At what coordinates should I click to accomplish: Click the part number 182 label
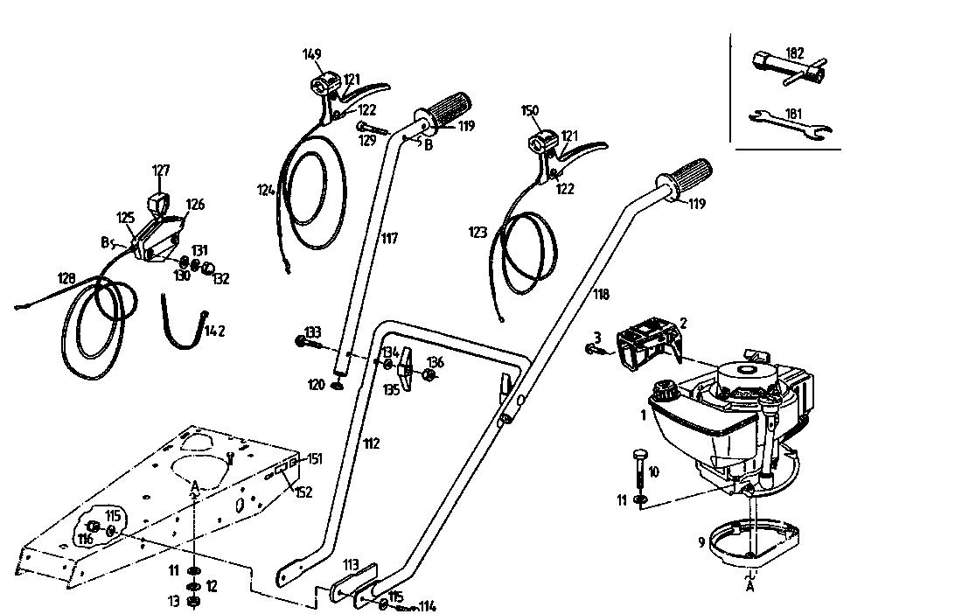pyautogui.click(x=794, y=52)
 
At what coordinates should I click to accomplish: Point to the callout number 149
pyautogui.click(x=312, y=54)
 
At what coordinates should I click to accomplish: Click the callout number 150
pyautogui.click(x=530, y=111)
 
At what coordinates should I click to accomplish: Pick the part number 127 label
pyautogui.click(x=161, y=171)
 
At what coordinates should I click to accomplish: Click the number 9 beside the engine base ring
pyautogui.click(x=701, y=542)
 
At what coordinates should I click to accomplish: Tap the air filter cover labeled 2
pyautogui.click(x=649, y=345)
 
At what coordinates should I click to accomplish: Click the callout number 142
pyautogui.click(x=215, y=331)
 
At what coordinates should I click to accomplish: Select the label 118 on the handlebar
pyautogui.click(x=601, y=294)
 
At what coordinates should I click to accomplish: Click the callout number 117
pyautogui.click(x=389, y=238)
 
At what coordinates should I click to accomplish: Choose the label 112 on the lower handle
pyautogui.click(x=372, y=443)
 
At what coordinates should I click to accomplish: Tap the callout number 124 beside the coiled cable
pyautogui.click(x=266, y=190)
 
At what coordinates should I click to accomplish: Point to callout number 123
pyautogui.click(x=478, y=232)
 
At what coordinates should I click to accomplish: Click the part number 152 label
pyautogui.click(x=303, y=492)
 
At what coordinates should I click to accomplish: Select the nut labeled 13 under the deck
pyautogui.click(x=193, y=603)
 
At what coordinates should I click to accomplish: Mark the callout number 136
pyautogui.click(x=436, y=362)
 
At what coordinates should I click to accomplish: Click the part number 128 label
pyautogui.click(x=66, y=278)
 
